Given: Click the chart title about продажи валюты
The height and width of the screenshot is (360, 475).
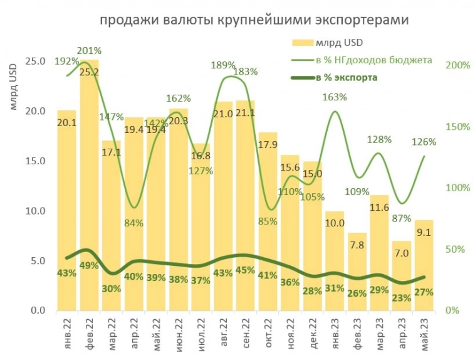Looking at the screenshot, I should coord(254,21).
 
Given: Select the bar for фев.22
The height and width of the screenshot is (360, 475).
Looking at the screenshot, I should coord(89,188).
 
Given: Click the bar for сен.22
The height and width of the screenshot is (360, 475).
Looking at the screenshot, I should coord(245,207).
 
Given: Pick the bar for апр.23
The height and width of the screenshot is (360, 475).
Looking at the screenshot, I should coord(402,276).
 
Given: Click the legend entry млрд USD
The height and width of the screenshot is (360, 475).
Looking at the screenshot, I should coord(327,43).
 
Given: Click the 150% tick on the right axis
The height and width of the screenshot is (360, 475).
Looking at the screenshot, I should coord(458,127).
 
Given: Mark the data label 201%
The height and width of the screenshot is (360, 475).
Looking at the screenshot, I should coord(89,50).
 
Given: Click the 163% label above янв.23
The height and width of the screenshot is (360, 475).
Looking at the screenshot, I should coord(335,97).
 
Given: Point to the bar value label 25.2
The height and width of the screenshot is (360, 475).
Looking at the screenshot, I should coord(89,72).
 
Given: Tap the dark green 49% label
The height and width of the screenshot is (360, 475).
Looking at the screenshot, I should coord(89,265).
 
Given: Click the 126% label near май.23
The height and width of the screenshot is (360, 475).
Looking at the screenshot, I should coord(424,142).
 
